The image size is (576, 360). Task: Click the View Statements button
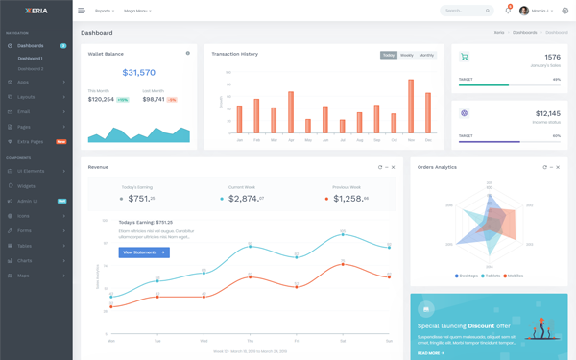point(144,252)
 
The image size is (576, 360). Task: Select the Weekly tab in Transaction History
point(407,55)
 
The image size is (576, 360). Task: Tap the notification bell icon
point(508,11)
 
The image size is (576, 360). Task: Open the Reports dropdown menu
point(105,11)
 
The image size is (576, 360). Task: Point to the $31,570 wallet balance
point(139,73)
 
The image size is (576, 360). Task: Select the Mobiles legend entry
point(514,276)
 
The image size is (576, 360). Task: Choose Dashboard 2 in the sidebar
point(31,69)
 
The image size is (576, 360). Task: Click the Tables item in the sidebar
point(25,246)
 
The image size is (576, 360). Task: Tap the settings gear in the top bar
point(565,11)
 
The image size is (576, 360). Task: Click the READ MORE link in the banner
point(430,353)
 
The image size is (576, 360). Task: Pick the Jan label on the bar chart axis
point(239,140)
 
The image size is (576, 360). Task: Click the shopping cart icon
point(465,58)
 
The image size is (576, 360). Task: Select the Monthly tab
point(426,55)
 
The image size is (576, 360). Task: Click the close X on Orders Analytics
point(558,167)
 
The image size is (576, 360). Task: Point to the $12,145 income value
point(547,113)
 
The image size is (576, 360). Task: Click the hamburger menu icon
point(82,11)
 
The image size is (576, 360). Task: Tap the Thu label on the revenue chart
point(250,340)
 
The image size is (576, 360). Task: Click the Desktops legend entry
point(467,276)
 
